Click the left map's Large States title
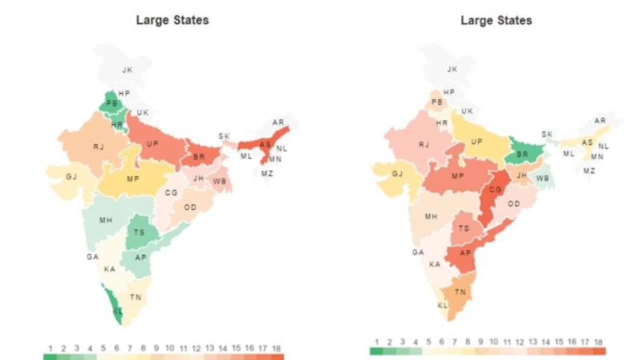tap(172, 20)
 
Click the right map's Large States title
tap(496, 20)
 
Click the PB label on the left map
tap(112, 103)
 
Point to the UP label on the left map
tap(152, 143)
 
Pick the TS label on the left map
tap(139, 232)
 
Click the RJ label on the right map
tap(424, 144)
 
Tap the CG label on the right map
tap(495, 189)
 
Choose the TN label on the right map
tap(459, 292)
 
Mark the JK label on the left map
tap(127, 70)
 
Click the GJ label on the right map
tap(397, 174)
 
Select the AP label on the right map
tap(465, 252)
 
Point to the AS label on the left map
tap(265, 144)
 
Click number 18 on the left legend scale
tap(276, 348)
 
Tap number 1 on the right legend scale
tap(375, 342)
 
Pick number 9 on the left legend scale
tap(156, 348)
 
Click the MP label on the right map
tap(457, 176)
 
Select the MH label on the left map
tap(105, 220)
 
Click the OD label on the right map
tap(513, 203)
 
